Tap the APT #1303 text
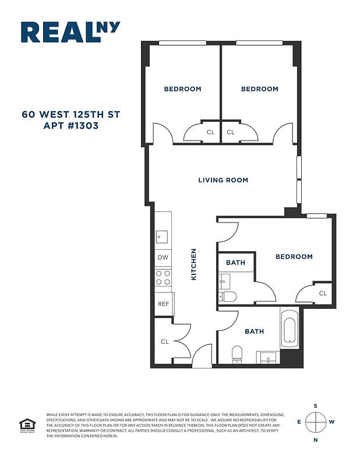(70, 125)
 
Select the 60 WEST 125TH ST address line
(70, 114)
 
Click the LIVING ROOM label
(223, 180)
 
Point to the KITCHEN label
(194, 264)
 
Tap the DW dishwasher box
(163, 257)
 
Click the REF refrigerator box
(163, 304)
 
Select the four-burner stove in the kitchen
(163, 278)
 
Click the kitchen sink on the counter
(161, 236)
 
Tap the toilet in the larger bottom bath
(237, 353)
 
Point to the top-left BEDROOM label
(182, 89)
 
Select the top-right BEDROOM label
(260, 89)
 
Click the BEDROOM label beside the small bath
(294, 256)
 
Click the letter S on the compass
(316, 405)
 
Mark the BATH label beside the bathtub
(254, 331)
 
